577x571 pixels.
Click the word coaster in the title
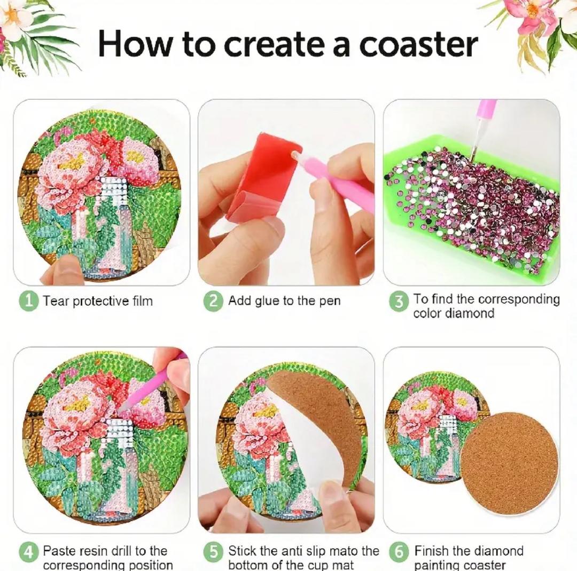click(418, 45)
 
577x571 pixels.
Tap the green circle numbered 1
click(28, 301)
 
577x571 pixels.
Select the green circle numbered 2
click(213, 301)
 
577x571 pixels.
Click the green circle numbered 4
click(28, 552)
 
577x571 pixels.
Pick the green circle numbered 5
click(213, 552)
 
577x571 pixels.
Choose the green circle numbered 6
click(399, 552)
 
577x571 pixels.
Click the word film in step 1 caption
click(143, 301)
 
